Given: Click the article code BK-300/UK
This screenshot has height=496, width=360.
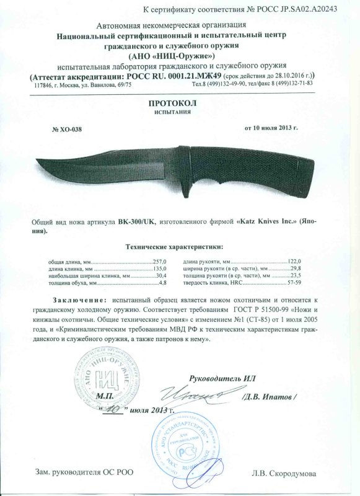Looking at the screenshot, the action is pos(136,221).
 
